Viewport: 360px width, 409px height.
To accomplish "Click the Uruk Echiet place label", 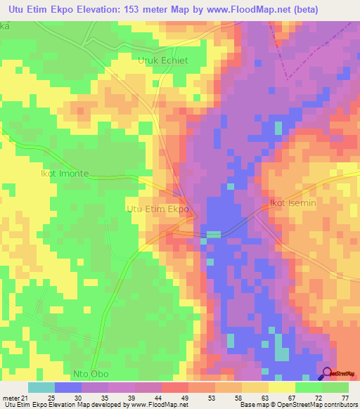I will [162, 60].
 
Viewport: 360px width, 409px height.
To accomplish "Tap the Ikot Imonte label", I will [64, 173].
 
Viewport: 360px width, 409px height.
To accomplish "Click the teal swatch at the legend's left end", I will [41, 387].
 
